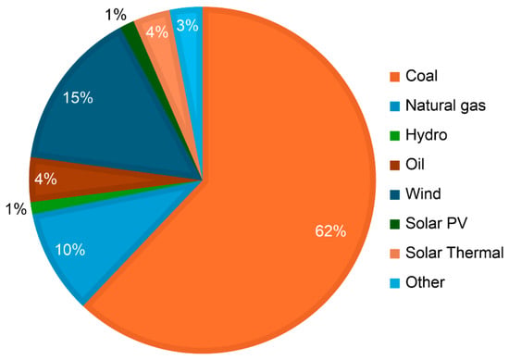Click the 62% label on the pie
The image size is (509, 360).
(330, 231)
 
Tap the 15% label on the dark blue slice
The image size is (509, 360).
(78, 98)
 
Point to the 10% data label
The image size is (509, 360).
(70, 250)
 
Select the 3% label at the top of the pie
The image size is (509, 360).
(187, 26)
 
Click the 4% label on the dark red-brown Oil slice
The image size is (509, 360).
(45, 179)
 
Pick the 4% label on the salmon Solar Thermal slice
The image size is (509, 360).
(157, 32)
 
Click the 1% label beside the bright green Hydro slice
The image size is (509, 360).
(16, 209)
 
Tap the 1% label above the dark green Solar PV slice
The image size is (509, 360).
(116, 15)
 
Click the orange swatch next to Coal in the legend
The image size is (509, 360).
(394, 77)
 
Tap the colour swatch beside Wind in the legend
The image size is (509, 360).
(394, 194)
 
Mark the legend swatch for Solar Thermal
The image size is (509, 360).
(394, 254)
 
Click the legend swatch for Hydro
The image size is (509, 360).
(394, 136)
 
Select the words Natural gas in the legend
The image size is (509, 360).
(445, 106)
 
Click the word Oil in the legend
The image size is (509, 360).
(415, 164)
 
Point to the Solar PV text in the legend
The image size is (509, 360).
(436, 223)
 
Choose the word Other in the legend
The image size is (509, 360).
(425, 282)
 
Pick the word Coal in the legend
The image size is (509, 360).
(421, 76)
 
